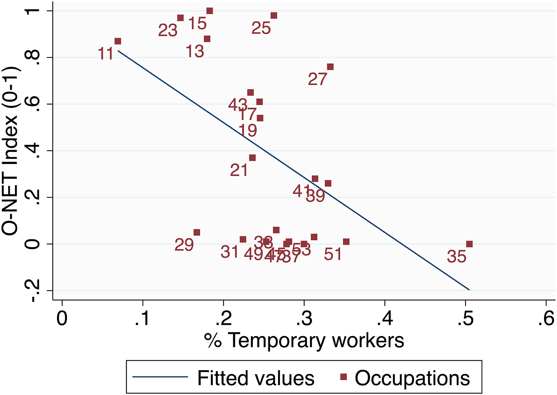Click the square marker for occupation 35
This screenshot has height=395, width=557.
coord(469,244)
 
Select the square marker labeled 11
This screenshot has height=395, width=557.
coord(118,41)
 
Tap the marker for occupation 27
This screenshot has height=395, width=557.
coord(330,67)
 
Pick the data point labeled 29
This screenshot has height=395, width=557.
coord(197,232)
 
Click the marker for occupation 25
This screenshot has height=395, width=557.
coord(274,16)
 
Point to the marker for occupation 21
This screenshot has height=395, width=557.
coord(252,158)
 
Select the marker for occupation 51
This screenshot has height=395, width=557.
coord(346,242)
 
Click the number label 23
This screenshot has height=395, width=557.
coord(168,30)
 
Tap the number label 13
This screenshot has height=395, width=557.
coord(195,51)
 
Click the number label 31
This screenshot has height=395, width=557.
coord(229,252)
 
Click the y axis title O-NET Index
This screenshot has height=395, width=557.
coord(10,151)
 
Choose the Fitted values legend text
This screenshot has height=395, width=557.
coord(256,378)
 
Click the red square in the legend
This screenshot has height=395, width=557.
coord(343,377)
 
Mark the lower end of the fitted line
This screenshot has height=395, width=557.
coord(469,290)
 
